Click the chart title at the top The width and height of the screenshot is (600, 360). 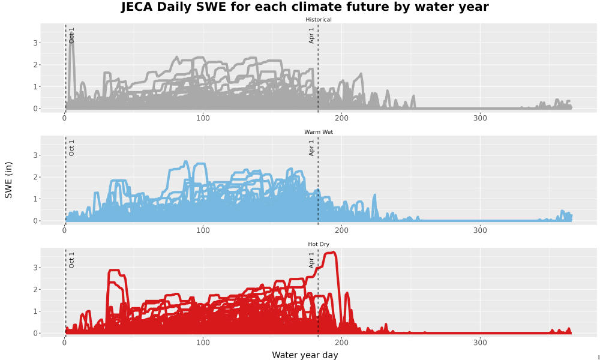305,7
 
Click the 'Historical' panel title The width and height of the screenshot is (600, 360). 319,20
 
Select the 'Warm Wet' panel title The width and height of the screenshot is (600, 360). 319,132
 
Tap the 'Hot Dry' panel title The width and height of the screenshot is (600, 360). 319,244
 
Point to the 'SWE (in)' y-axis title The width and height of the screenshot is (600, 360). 8,180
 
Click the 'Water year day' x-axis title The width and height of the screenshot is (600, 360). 305,355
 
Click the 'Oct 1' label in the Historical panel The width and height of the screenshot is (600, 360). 71,35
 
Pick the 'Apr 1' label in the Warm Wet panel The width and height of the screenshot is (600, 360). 311,148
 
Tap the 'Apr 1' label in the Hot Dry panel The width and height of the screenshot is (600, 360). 311,260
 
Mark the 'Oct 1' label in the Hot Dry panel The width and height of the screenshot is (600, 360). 71,260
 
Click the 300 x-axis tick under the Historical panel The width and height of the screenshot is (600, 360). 480,118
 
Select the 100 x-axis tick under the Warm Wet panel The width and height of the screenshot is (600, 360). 203,230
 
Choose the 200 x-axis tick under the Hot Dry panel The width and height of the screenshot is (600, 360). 341,343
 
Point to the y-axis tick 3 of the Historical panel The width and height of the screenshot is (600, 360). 35,43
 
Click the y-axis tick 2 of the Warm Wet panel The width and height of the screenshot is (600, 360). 35,177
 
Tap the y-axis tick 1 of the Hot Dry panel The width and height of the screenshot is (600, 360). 35,311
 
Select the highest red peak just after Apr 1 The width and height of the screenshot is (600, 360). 332,253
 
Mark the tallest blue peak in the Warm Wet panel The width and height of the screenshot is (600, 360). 186,162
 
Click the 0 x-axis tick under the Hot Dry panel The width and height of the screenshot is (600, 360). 64,343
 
